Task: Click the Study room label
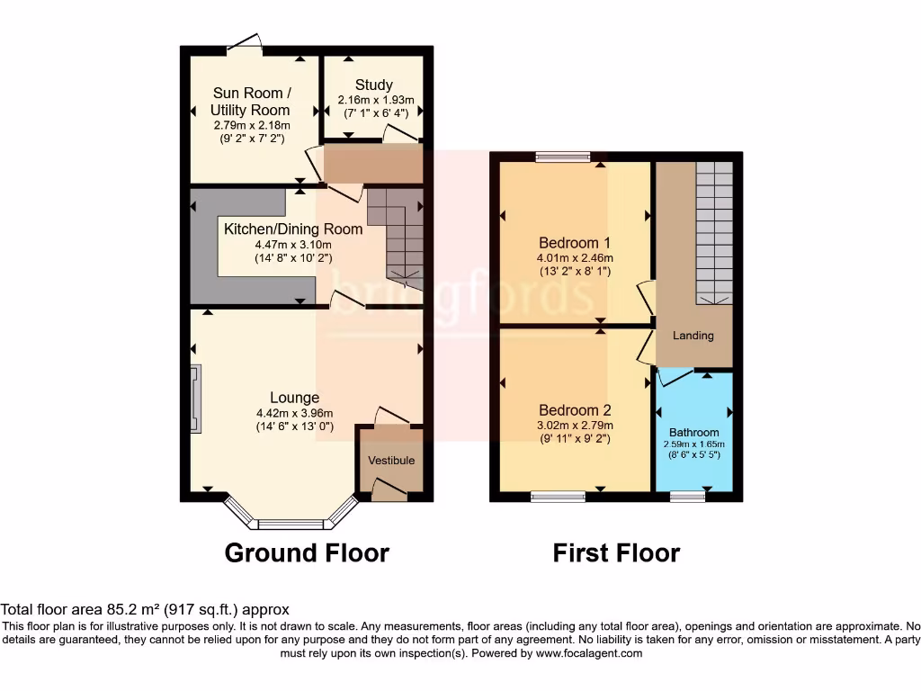coord(373,85)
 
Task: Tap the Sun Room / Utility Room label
coord(251,102)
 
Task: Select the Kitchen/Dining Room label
coord(293,229)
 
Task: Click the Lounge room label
coord(294,398)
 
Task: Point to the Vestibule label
coord(391,461)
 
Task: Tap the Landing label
coord(693,336)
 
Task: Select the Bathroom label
coord(693,432)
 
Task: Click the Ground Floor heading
coord(307,552)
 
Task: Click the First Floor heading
coord(616,552)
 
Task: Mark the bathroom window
coord(688,495)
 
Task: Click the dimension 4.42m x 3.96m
coord(294,414)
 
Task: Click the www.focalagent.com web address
coord(589,653)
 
